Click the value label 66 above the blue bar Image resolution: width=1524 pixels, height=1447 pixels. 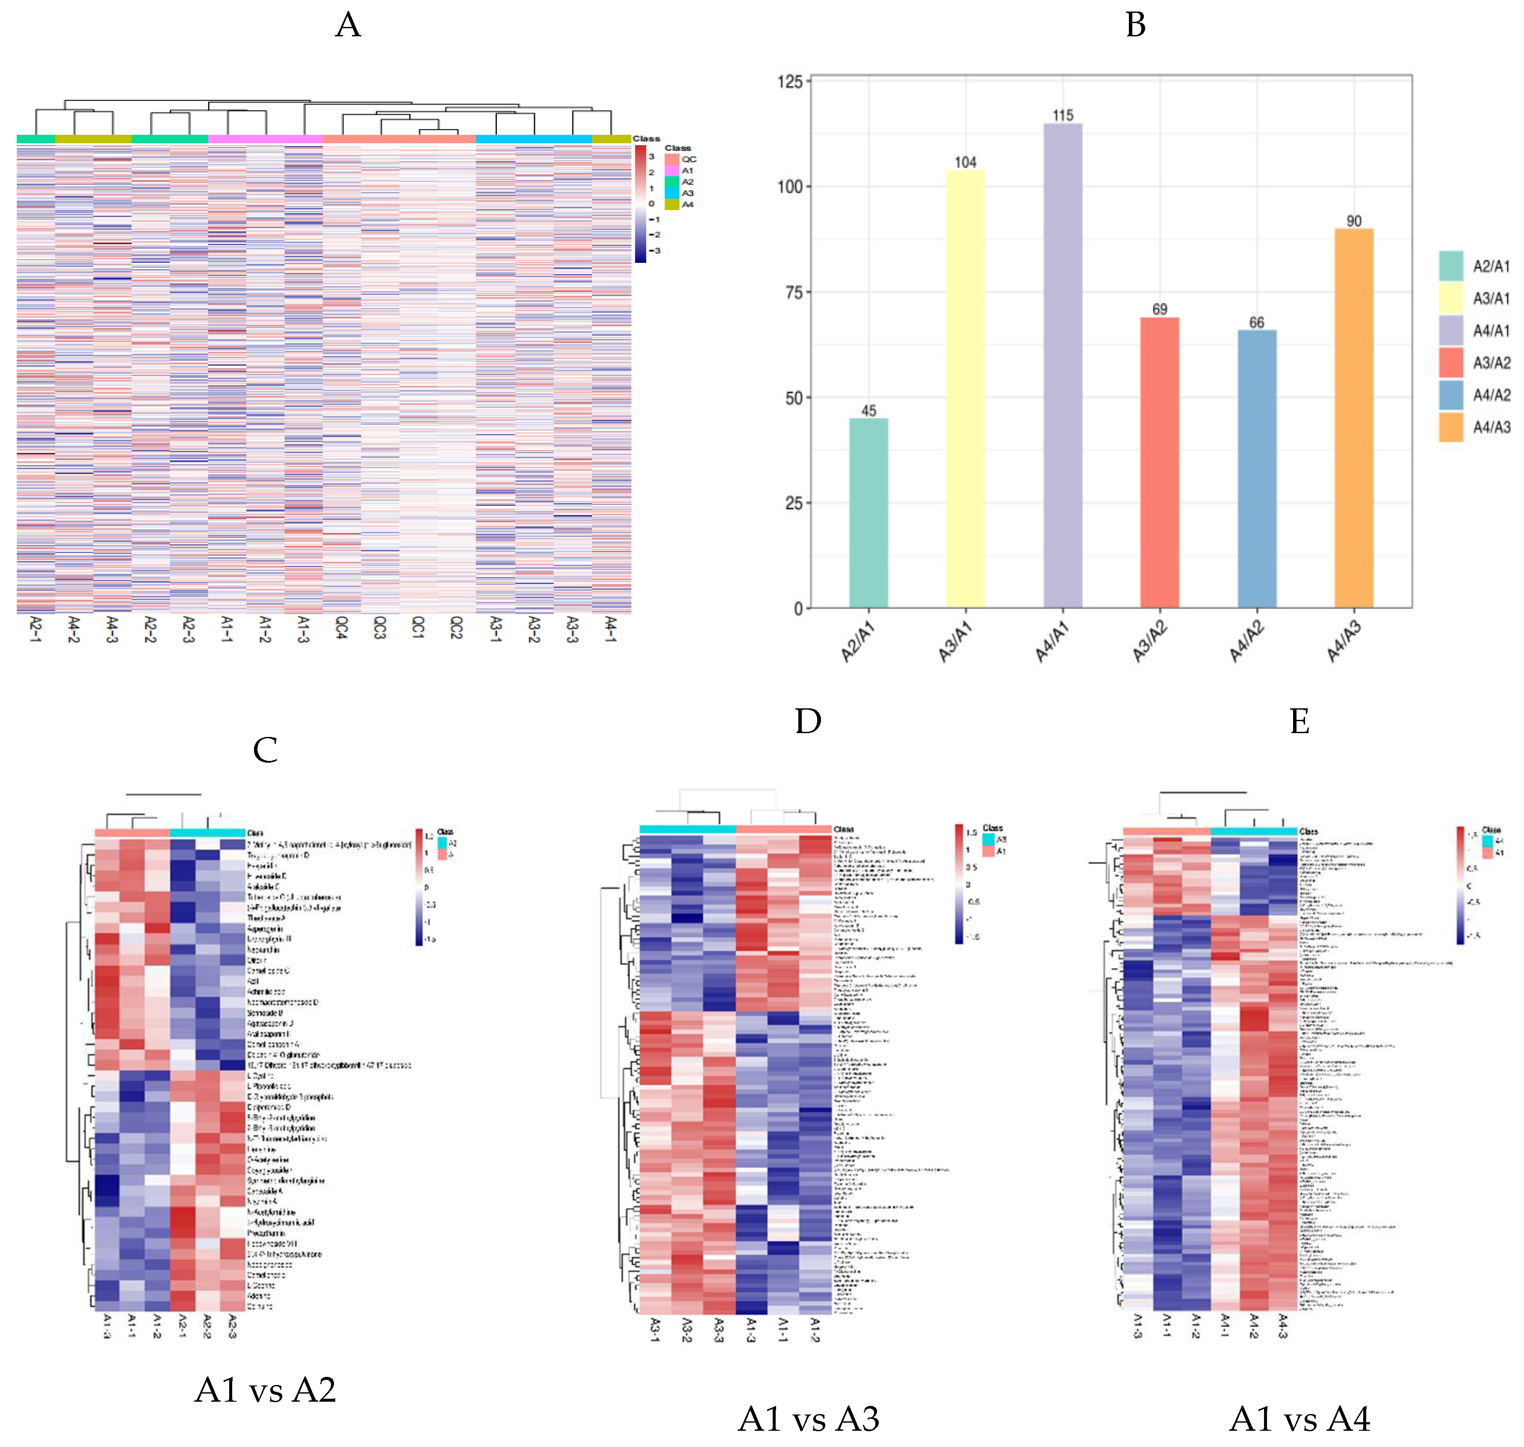tap(1256, 322)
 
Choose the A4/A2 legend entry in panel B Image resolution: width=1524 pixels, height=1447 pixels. tap(1491, 395)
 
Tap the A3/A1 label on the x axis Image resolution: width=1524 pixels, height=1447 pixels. tap(955, 641)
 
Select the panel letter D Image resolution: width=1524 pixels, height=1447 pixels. tap(807, 721)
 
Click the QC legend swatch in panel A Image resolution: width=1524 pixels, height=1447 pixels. tap(671, 159)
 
